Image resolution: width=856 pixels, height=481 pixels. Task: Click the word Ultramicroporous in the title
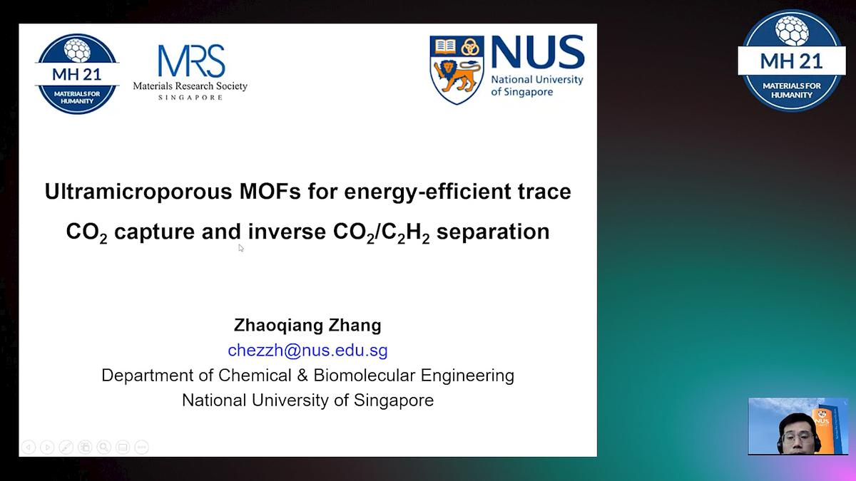click(x=138, y=192)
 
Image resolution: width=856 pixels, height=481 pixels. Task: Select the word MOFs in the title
click(x=270, y=191)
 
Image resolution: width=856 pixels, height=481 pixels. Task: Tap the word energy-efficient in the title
click(x=427, y=192)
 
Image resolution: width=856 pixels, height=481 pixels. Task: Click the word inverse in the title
click(x=287, y=232)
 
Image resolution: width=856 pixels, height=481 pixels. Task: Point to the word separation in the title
click(x=493, y=232)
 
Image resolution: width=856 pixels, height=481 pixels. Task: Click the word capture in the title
click(x=154, y=232)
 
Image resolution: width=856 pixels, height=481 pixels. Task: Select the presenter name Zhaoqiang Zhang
click(x=307, y=325)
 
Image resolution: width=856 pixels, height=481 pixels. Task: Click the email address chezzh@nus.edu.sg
click(x=307, y=351)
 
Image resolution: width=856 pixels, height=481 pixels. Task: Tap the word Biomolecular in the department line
click(x=365, y=376)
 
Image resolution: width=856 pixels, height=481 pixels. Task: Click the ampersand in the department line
click(x=302, y=376)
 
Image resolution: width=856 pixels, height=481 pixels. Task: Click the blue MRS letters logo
click(x=191, y=61)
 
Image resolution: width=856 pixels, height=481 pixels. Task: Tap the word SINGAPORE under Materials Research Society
click(x=190, y=98)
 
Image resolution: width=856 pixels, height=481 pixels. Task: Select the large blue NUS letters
click(x=538, y=53)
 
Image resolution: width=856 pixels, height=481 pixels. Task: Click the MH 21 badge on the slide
click(x=77, y=73)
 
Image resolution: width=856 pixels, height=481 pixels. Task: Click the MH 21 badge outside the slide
click(x=791, y=61)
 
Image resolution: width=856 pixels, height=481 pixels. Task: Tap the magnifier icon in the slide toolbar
click(x=103, y=447)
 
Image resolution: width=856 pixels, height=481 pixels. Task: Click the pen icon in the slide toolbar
click(x=66, y=447)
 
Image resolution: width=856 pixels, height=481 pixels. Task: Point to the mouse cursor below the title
click(x=241, y=248)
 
